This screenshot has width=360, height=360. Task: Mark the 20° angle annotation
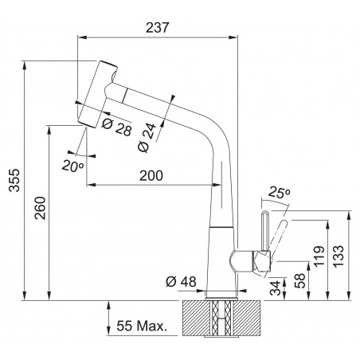point(72,166)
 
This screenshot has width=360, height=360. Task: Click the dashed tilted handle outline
point(279,234)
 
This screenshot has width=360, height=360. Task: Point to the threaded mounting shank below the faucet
point(219,319)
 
